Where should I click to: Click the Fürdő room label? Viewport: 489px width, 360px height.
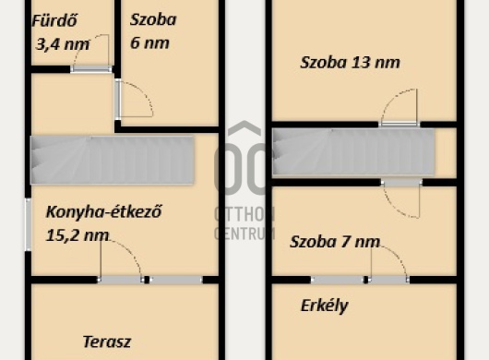[54, 21]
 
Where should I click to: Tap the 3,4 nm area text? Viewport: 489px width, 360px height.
[63, 44]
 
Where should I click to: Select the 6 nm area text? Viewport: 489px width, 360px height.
[149, 42]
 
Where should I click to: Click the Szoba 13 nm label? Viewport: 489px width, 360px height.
[350, 63]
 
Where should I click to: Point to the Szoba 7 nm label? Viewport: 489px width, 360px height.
[335, 242]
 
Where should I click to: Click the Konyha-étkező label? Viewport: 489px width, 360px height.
[104, 211]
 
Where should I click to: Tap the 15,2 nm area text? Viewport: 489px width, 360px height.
[78, 235]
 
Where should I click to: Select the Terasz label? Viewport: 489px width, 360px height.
[107, 342]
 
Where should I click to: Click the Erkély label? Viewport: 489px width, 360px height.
[325, 306]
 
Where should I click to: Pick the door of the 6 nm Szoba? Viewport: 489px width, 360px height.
[134, 99]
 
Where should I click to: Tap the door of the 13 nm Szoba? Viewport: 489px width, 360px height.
[400, 108]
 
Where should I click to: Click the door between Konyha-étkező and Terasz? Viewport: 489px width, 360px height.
[121, 261]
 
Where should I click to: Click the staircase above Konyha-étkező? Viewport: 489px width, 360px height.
[113, 160]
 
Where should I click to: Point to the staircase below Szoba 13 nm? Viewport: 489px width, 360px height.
[353, 151]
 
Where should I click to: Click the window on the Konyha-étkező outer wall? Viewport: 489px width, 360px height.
[28, 224]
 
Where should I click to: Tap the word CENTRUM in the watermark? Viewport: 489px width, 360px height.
[244, 234]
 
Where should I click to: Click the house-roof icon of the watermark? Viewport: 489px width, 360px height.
[244, 129]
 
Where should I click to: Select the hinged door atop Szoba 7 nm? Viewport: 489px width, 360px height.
[401, 198]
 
